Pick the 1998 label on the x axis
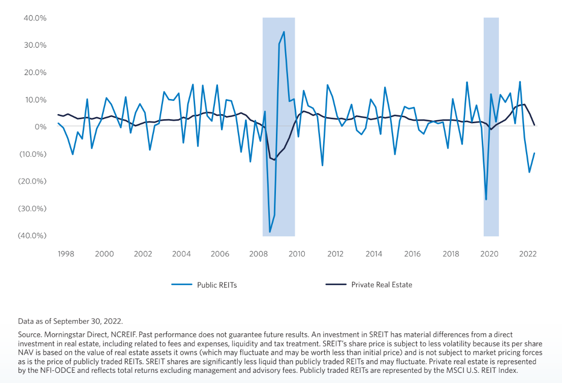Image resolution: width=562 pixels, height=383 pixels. click(66, 254)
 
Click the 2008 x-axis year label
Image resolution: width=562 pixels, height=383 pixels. click(258, 254)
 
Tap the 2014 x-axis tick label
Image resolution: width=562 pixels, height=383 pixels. click(373, 254)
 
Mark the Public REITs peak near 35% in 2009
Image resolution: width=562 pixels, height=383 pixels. click(284, 32)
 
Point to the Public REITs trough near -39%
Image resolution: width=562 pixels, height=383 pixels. click(270, 232)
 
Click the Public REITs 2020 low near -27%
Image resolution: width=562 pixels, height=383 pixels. click(486, 199)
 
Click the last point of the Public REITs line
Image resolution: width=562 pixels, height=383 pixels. click(535, 153)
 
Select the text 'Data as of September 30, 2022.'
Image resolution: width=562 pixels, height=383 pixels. click(70, 321)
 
